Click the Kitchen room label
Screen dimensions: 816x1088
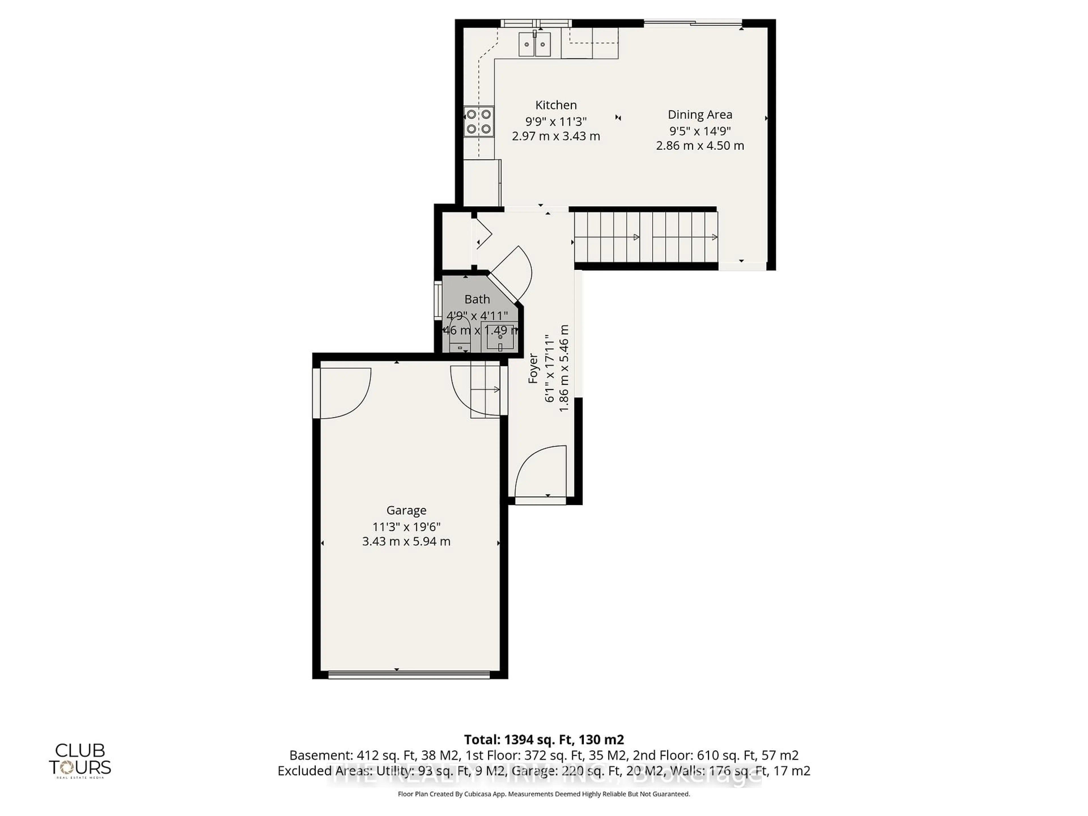[556, 105]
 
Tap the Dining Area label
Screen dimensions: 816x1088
[700, 114]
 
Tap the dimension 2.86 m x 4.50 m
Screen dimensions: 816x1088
[700, 146]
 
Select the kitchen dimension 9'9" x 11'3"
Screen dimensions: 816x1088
[556, 121]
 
